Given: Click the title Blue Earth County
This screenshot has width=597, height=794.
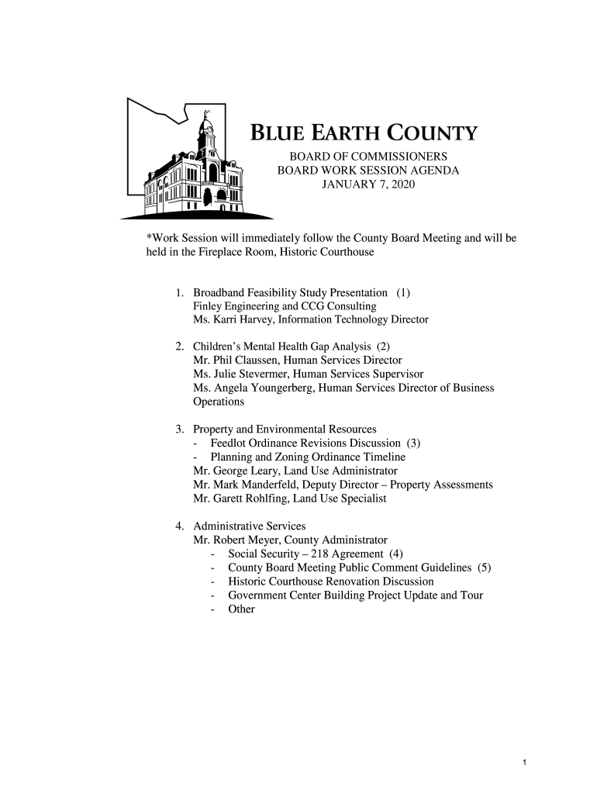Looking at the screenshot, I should pos(363,134).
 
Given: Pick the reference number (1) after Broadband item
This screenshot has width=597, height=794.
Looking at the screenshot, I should pos(403,292).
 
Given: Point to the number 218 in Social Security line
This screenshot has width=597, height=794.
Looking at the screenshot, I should pos(319,554).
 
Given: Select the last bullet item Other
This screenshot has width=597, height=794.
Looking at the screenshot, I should pos(241,609).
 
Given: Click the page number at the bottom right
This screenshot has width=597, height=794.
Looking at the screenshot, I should pos(525,763).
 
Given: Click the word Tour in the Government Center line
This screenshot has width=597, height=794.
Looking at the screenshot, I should pos(471,595).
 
